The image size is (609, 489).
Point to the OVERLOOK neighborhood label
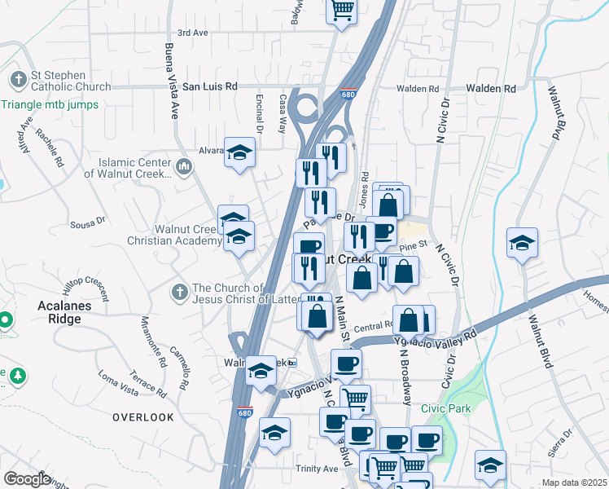click(x=143, y=416)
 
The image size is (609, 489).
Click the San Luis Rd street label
click(x=209, y=86)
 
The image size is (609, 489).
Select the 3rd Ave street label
click(x=193, y=33)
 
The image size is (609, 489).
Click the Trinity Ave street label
click(x=317, y=469)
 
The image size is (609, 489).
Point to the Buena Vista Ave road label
click(x=173, y=81)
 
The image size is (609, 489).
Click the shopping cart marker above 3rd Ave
click(x=342, y=10)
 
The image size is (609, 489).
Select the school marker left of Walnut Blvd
click(x=522, y=242)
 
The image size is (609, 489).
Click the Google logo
click(x=27, y=478)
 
